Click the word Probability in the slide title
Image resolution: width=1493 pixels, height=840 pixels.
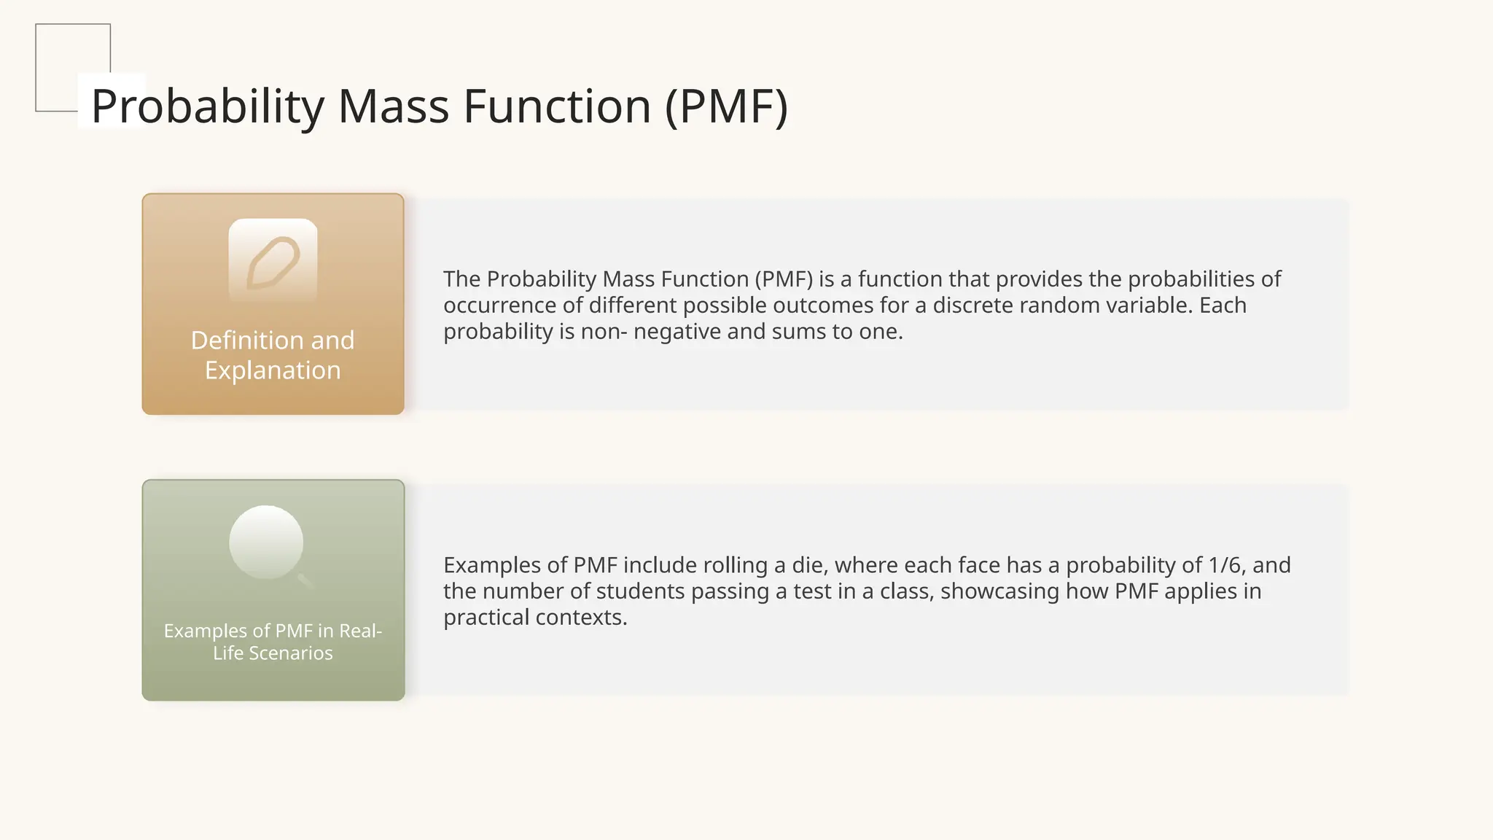[208, 106]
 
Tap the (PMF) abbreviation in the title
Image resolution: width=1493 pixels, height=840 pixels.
[726, 106]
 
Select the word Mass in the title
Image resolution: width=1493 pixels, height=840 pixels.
[394, 106]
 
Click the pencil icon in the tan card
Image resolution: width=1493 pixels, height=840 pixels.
[273, 262]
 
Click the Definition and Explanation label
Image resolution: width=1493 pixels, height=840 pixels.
[273, 355]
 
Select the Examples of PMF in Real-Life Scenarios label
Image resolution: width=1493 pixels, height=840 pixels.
[273, 642]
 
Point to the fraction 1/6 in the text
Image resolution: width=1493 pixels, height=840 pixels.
[1226, 565]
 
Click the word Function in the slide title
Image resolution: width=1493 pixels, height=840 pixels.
[556, 106]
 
